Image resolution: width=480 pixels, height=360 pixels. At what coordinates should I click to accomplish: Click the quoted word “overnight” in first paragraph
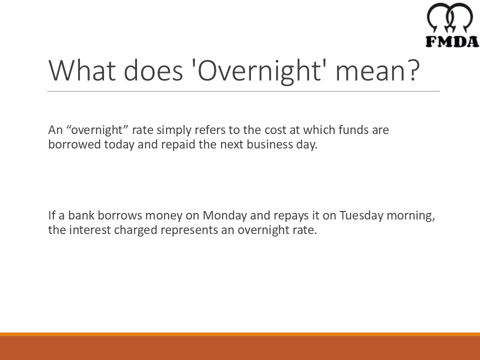point(97,130)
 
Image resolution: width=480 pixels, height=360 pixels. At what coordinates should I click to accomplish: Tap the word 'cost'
point(273,130)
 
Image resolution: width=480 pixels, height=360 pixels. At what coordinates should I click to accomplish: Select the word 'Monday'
point(225,216)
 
